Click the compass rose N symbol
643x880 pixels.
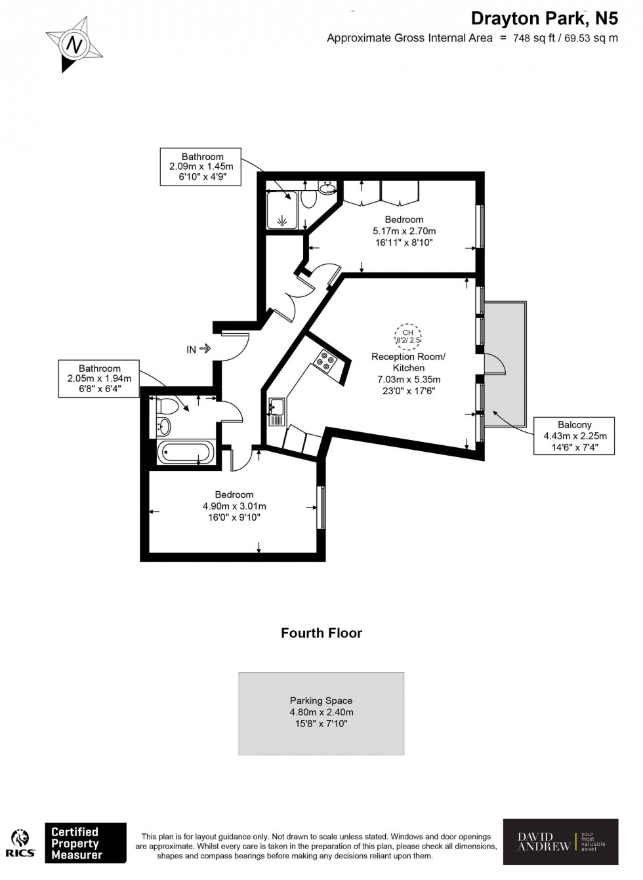pyautogui.click(x=74, y=45)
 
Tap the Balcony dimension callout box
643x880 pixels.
pyautogui.click(x=574, y=436)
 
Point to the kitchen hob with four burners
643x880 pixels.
pyautogui.click(x=325, y=361)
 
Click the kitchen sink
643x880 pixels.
pyautogui.click(x=276, y=408)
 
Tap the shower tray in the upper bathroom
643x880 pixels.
pyautogui.click(x=283, y=210)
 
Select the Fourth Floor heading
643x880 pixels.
pyautogui.click(x=321, y=633)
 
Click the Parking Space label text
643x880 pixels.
pyautogui.click(x=321, y=700)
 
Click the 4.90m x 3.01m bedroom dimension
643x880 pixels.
pyautogui.click(x=234, y=506)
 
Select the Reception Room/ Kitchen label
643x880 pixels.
pyautogui.click(x=408, y=362)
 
